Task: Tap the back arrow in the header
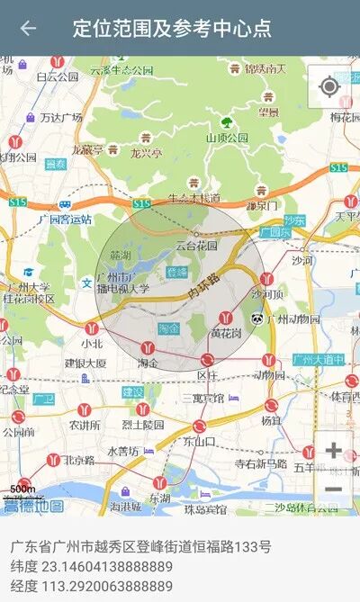pyautogui.click(x=28, y=28)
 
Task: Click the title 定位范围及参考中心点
pyautogui.click(x=171, y=28)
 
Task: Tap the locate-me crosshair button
pyautogui.click(x=329, y=86)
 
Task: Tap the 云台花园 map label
pyautogui.click(x=196, y=245)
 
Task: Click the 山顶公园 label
pyautogui.click(x=227, y=139)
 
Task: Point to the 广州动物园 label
pyautogui.click(x=292, y=319)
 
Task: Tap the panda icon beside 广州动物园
pyautogui.click(x=257, y=319)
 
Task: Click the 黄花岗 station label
pyautogui.click(x=226, y=333)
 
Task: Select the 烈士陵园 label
pyautogui.click(x=143, y=424)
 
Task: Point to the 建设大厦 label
pyautogui.click(x=85, y=364)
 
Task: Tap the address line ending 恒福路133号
pyautogui.click(x=140, y=546)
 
